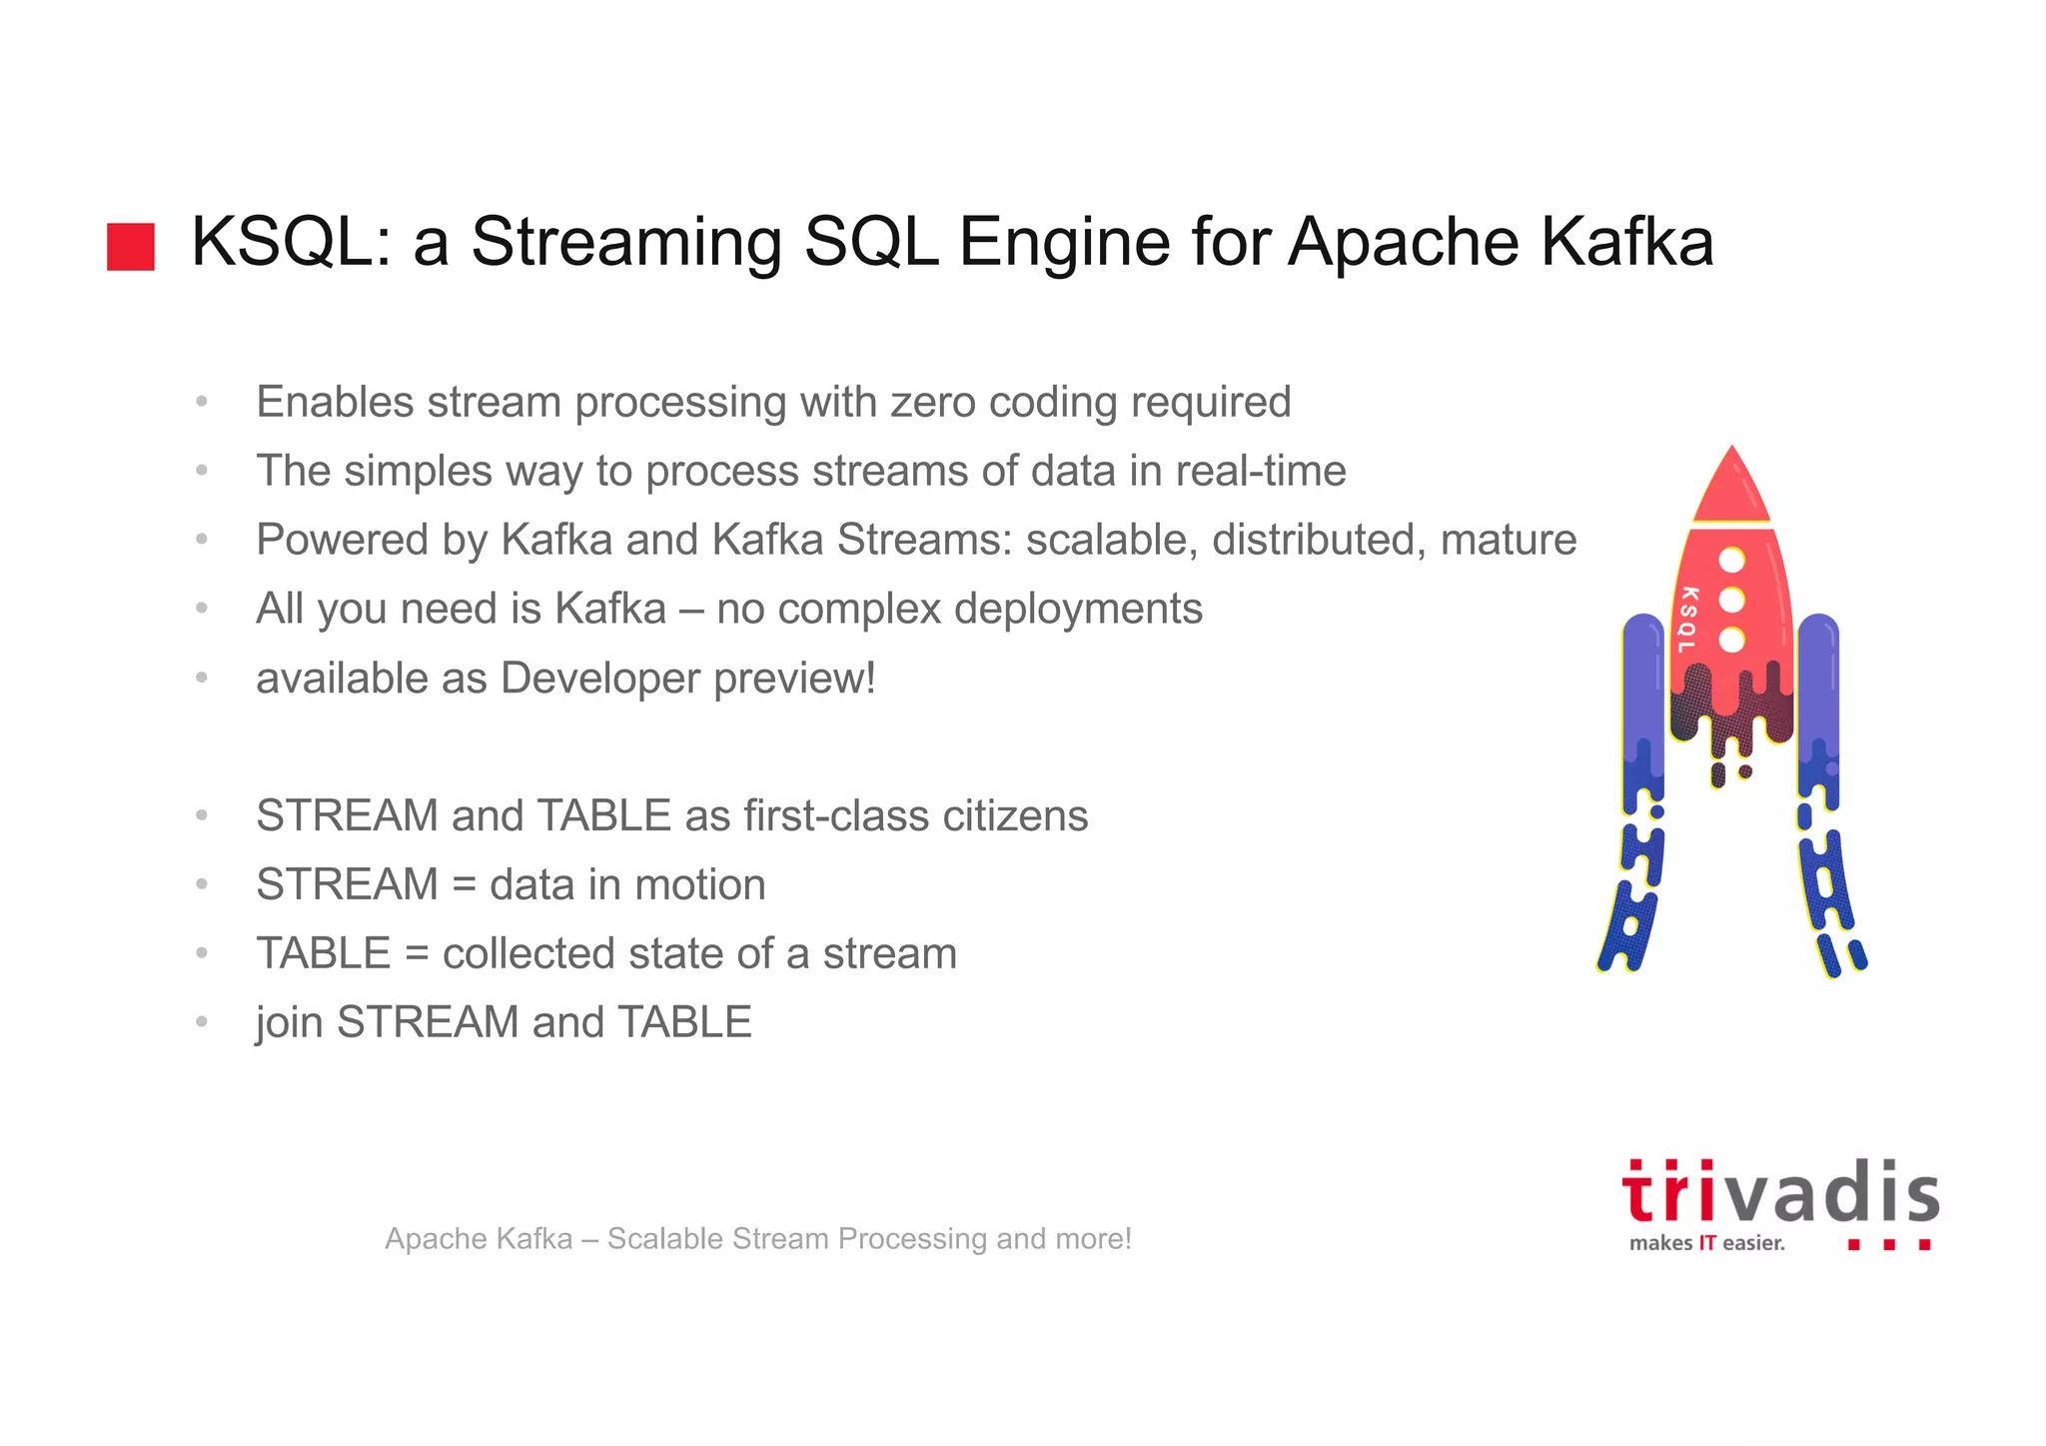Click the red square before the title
131,246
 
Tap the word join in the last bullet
289,1022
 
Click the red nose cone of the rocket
1731,490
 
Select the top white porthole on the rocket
1732,560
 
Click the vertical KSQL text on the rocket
1688,620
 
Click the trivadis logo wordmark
1779,1194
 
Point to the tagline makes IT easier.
1706,1243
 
